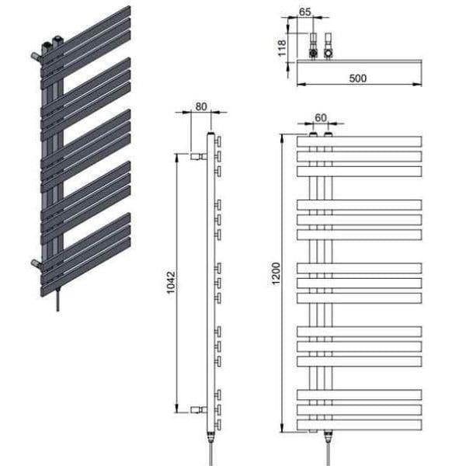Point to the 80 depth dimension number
coord(201,108)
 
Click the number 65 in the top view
coord(304,13)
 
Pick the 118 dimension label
coord(283,47)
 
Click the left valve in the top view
coord(313,47)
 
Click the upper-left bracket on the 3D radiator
coord(35,56)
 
